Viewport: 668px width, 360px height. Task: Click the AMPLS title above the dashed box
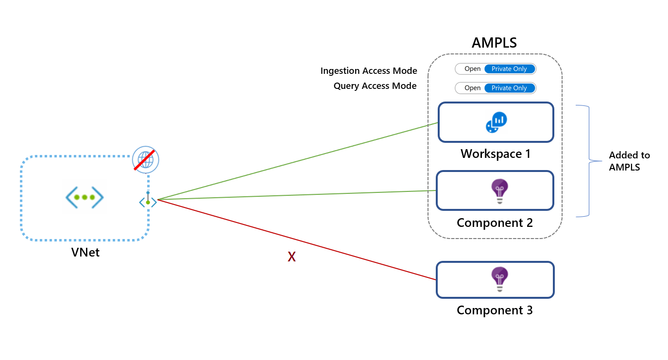pyautogui.click(x=494, y=43)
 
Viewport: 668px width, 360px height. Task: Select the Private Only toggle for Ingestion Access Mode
pyautogui.click(x=509, y=69)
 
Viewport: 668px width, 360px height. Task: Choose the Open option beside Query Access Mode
pyautogui.click(x=472, y=88)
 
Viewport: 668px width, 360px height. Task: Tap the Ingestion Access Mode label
pyautogui.click(x=369, y=71)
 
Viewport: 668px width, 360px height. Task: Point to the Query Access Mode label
pyautogui.click(x=375, y=86)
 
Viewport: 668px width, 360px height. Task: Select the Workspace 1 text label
pyautogui.click(x=496, y=154)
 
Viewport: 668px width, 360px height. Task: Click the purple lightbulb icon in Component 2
pyautogui.click(x=499, y=190)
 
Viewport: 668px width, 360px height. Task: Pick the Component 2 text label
pyautogui.click(x=495, y=223)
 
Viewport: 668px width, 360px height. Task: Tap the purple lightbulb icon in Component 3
pyautogui.click(x=499, y=279)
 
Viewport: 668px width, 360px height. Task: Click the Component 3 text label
pyautogui.click(x=495, y=310)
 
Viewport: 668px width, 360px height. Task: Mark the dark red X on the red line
pyautogui.click(x=291, y=257)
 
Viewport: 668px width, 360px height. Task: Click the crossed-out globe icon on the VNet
pyautogui.click(x=146, y=159)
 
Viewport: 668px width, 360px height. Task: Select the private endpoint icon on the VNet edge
pyautogui.click(x=148, y=202)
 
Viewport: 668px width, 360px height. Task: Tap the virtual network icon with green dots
pyautogui.click(x=85, y=197)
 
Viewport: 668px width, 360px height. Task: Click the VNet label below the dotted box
pyautogui.click(x=86, y=252)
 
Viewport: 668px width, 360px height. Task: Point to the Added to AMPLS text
pyautogui.click(x=629, y=161)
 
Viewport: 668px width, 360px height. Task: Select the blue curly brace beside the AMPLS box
pyautogui.click(x=585, y=160)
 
